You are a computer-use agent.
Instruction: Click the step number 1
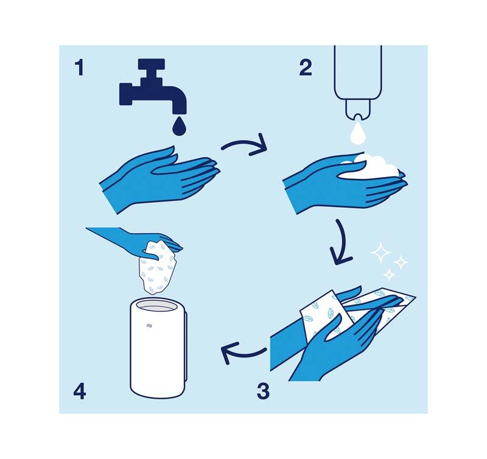pos(79,68)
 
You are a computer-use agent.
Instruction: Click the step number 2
pos(306,68)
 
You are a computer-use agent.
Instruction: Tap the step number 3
pos(262,390)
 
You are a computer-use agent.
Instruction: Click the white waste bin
pos(159,353)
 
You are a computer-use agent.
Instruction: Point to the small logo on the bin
pos(149,328)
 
